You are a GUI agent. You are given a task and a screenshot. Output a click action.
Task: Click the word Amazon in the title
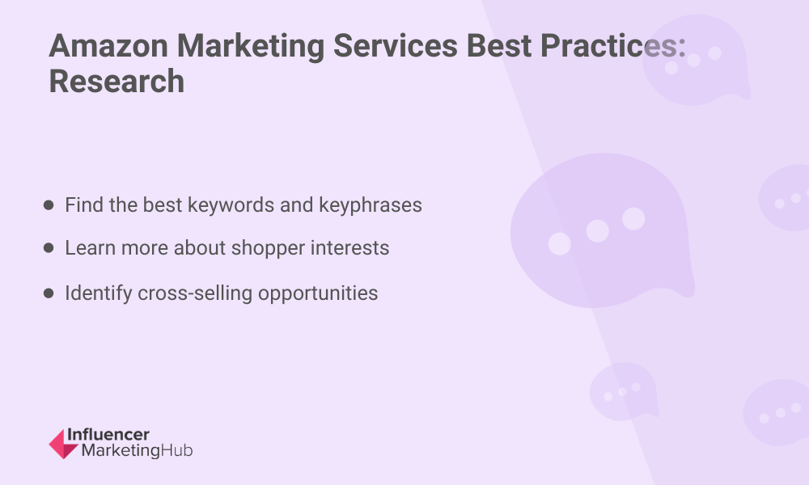(x=108, y=45)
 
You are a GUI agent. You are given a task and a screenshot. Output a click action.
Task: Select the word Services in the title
(x=396, y=45)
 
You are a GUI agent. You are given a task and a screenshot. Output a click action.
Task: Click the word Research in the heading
(x=116, y=82)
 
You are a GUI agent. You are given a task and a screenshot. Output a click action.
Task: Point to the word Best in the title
(x=499, y=45)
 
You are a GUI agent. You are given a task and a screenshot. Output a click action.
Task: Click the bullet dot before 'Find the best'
(x=49, y=205)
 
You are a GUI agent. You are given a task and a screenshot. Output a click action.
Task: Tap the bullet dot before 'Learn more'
(x=49, y=248)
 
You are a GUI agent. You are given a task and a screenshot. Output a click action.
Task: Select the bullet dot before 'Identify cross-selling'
(x=49, y=293)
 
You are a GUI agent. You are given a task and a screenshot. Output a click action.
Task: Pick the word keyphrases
(x=371, y=206)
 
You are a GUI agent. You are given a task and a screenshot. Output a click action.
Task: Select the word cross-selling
(x=195, y=293)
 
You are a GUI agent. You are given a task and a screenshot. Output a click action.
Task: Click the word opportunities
(x=318, y=294)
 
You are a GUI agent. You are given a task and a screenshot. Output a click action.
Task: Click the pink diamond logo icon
(x=63, y=444)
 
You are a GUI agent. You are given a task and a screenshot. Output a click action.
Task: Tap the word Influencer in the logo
(x=108, y=435)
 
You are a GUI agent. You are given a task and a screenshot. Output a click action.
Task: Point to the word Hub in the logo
(x=177, y=450)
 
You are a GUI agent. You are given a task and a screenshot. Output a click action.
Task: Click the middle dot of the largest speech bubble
(x=598, y=231)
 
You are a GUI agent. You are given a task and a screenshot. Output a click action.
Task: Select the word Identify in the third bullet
(x=99, y=294)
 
